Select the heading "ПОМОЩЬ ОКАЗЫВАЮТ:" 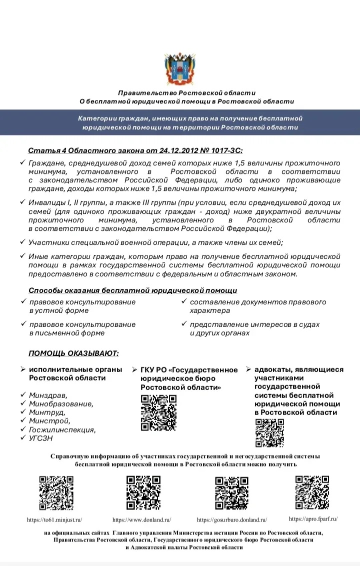click(x=73, y=354)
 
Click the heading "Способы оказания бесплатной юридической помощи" click(x=132, y=290)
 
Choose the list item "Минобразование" click(x=61, y=404)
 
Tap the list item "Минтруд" click(x=46, y=412)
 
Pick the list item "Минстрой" click(x=49, y=421)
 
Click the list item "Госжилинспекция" click(x=62, y=430)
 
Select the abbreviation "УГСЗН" click(x=40, y=438)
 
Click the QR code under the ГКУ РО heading click(x=158, y=413)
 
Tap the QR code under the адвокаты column click(x=270, y=432)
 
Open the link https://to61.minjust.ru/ click(x=54, y=520)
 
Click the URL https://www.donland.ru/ click(x=142, y=520)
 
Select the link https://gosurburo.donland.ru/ click(x=232, y=520)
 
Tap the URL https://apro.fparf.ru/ click(x=313, y=519)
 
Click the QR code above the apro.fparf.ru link click(x=312, y=492)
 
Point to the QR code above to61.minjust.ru click(x=56, y=493)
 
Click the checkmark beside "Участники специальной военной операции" click(x=22, y=241)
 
